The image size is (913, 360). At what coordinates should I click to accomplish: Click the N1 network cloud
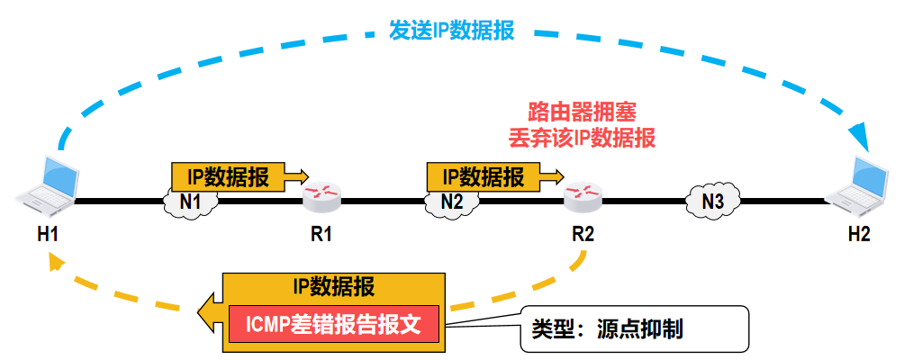(x=190, y=201)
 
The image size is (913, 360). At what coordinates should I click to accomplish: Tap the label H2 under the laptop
(x=859, y=235)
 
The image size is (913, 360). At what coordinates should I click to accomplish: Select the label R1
(x=321, y=235)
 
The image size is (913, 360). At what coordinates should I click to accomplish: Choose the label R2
(x=583, y=235)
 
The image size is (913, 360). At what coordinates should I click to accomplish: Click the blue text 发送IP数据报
(x=451, y=30)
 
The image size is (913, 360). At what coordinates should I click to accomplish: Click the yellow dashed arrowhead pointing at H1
(x=55, y=261)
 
